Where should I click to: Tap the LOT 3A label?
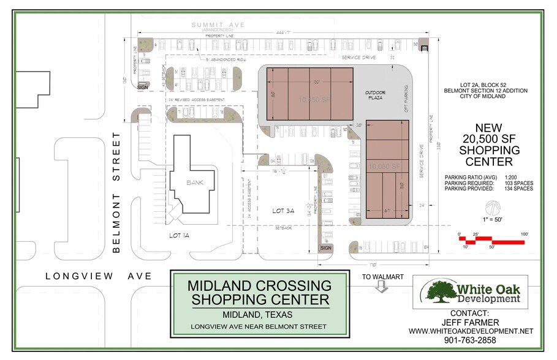(284, 210)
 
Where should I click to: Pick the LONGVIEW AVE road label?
(98, 276)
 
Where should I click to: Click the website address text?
(471, 331)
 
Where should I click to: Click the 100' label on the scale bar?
(525, 234)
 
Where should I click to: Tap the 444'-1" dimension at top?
(283, 31)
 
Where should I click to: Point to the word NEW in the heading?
(489, 127)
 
